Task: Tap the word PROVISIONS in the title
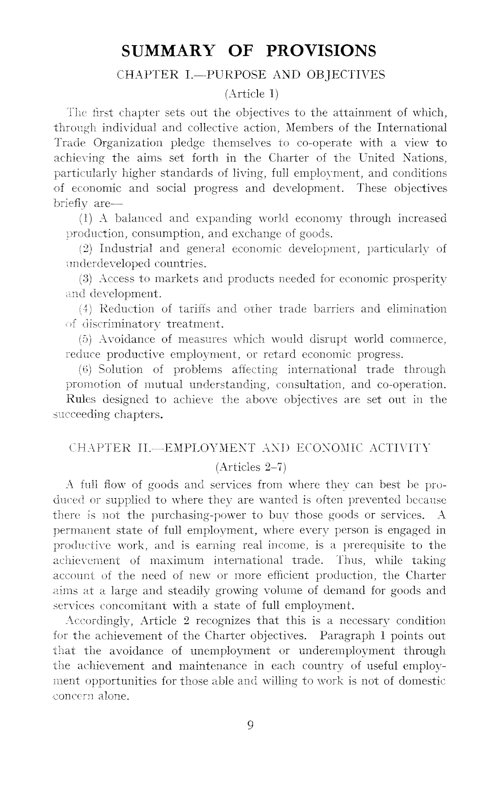pyautogui.click(x=321, y=51)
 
